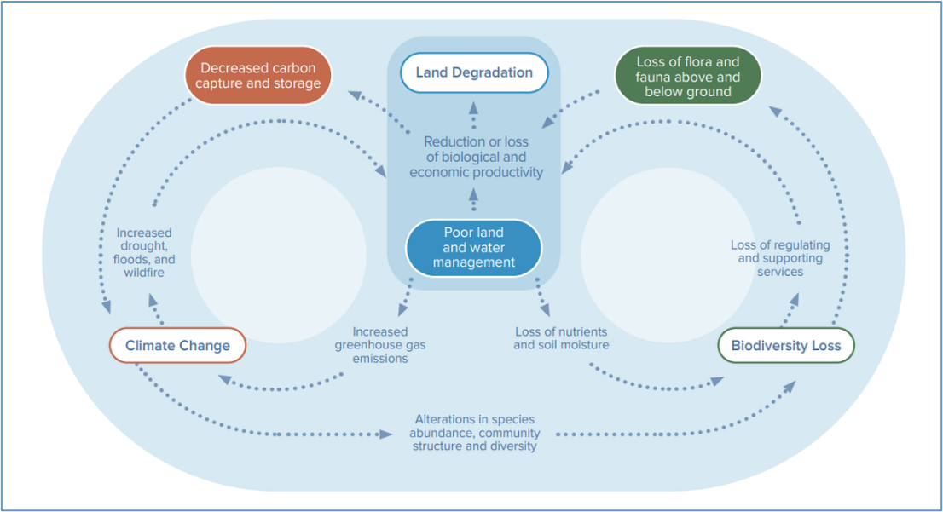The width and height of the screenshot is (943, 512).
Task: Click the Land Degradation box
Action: pos(474,72)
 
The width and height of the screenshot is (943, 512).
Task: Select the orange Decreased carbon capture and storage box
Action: pos(258,76)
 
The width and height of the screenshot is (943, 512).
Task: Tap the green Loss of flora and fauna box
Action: pos(688,77)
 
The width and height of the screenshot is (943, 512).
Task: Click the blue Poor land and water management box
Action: pos(474,248)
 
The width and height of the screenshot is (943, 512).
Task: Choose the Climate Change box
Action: pos(177,346)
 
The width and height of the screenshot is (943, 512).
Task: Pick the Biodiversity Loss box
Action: pos(786,346)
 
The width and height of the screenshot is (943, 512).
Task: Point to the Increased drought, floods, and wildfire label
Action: pos(144,252)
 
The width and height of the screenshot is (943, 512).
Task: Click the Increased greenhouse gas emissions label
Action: pos(380,345)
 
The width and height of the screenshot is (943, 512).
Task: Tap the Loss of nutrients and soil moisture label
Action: pos(561,338)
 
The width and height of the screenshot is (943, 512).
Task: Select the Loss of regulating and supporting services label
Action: pos(780,258)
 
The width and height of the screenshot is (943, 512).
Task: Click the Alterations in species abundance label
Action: pos(475,433)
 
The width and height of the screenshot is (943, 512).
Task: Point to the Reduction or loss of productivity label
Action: pos(476,157)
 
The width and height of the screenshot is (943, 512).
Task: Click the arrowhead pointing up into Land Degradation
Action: pos(474,108)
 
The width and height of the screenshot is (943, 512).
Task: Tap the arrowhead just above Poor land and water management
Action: pos(474,195)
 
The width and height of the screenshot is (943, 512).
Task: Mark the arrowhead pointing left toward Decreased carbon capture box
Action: pos(355,95)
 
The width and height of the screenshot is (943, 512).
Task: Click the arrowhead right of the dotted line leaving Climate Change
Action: pos(386,434)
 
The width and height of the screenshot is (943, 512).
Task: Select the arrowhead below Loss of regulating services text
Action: pos(795,300)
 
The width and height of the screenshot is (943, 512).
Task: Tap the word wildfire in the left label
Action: pos(144,273)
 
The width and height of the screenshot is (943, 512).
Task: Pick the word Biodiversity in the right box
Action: pos(765,346)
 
